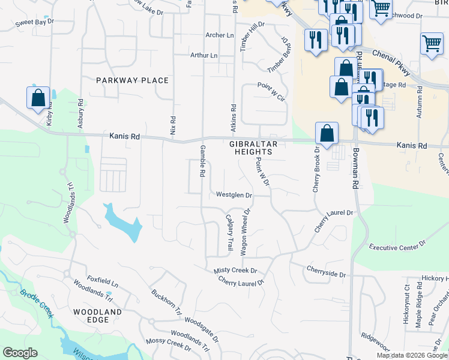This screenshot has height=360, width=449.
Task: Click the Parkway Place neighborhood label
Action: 133,80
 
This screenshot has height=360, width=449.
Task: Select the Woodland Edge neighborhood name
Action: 97,316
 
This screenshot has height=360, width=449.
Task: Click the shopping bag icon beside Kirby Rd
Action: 38,98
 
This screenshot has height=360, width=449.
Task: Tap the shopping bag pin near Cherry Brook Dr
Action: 327,134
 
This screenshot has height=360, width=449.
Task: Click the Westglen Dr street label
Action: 234,195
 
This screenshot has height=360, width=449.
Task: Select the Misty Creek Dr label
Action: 235,271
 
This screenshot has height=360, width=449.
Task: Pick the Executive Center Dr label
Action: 397,247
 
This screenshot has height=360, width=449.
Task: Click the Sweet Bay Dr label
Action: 35,22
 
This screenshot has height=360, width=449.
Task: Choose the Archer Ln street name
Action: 220,35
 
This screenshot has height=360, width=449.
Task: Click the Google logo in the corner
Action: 20,353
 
